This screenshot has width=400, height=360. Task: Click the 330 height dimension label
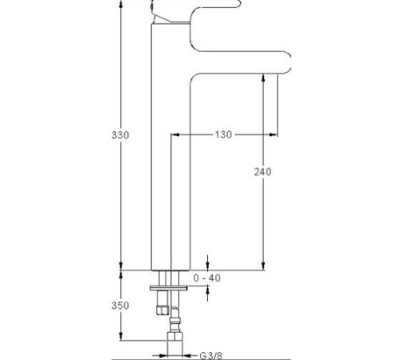(x=120, y=135)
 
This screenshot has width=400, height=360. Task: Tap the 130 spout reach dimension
(x=223, y=134)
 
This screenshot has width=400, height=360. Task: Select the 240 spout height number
(x=262, y=172)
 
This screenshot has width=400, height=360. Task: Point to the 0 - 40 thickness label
(x=207, y=278)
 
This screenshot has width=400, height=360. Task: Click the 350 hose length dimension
(x=120, y=306)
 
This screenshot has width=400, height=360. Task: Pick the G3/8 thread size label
(x=210, y=356)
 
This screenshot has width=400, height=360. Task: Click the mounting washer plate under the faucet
(x=169, y=288)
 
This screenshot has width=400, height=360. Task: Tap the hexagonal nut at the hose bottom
(x=174, y=337)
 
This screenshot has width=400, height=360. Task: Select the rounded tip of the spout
(x=287, y=62)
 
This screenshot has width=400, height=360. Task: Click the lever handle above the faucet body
(x=198, y=10)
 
